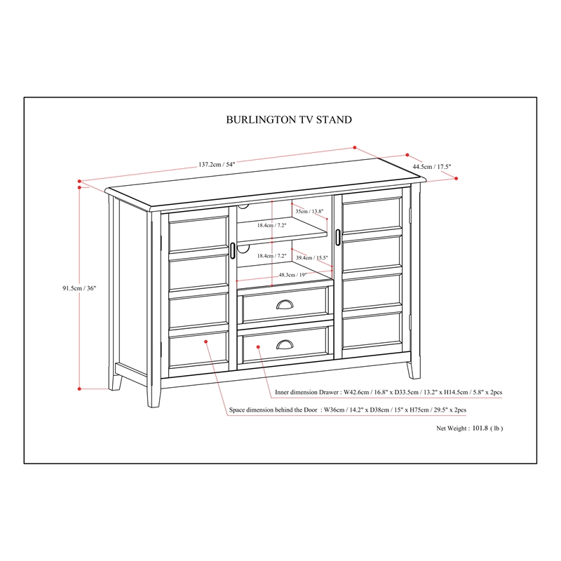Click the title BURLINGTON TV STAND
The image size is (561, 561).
click(x=289, y=120)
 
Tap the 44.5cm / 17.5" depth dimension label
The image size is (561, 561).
click(x=432, y=167)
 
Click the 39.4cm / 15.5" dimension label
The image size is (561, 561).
click(x=311, y=258)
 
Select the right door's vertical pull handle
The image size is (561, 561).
click(x=338, y=236)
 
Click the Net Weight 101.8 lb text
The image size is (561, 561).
click(x=470, y=428)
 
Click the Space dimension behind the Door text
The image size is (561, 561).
click(x=348, y=410)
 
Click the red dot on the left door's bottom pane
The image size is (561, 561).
click(x=206, y=342)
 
